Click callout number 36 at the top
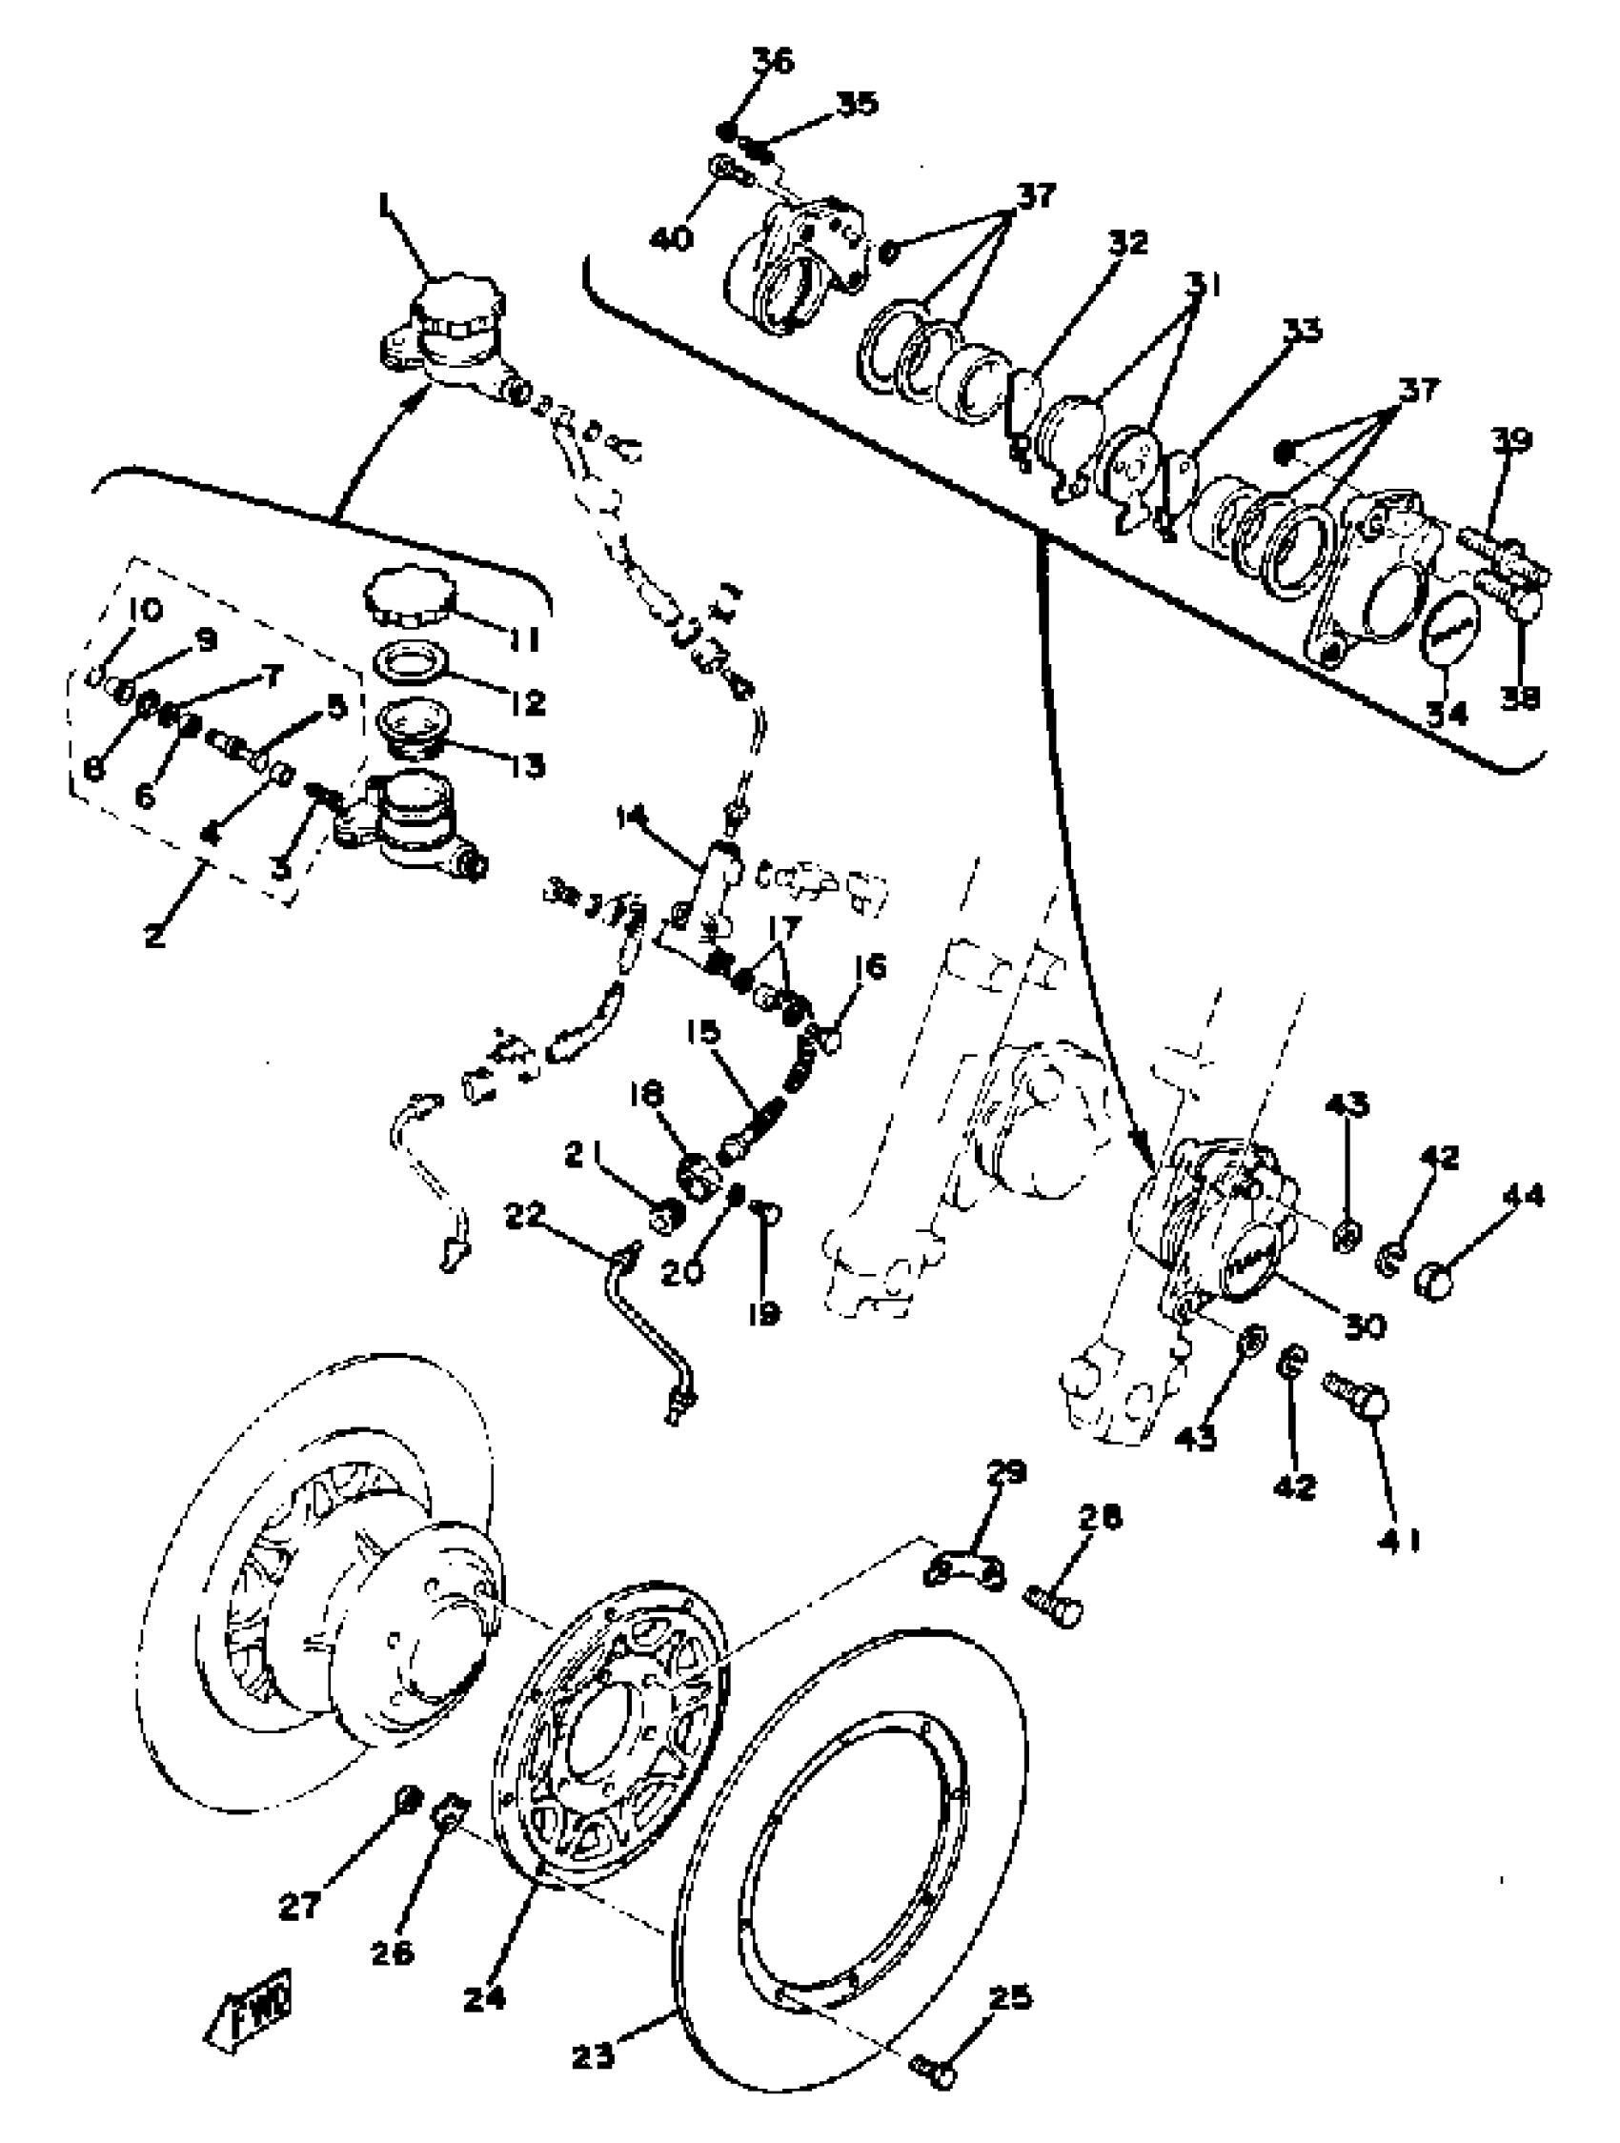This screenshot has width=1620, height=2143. (772, 61)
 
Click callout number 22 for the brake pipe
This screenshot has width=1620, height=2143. (524, 1214)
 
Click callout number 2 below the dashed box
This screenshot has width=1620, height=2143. (155, 935)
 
